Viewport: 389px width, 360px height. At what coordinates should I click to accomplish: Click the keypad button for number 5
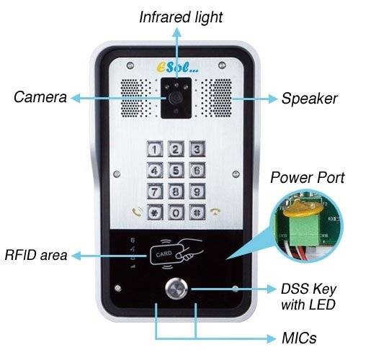point(176,171)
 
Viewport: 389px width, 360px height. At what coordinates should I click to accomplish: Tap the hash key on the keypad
point(197,212)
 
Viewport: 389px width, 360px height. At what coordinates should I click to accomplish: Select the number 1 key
point(155,149)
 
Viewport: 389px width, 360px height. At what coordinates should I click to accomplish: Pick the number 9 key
point(197,191)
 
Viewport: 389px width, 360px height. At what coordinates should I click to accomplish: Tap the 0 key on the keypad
point(176,212)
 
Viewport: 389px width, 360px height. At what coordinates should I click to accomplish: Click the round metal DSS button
point(176,289)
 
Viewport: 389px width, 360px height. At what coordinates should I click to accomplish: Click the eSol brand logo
point(178,67)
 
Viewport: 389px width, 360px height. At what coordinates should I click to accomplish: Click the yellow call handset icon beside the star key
point(137,212)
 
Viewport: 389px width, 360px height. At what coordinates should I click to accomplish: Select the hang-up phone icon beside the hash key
point(215,212)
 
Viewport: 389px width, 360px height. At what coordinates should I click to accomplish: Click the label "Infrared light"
point(181,17)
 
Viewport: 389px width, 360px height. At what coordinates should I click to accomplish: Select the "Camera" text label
point(40,97)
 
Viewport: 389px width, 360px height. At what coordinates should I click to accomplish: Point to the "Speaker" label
point(309,99)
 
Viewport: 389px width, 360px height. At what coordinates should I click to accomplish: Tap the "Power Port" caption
point(308,178)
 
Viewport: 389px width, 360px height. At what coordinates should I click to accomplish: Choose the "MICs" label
point(299,338)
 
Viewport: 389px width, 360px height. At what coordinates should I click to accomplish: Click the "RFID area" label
point(36,255)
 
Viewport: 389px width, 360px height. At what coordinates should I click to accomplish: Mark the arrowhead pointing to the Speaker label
point(273,99)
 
